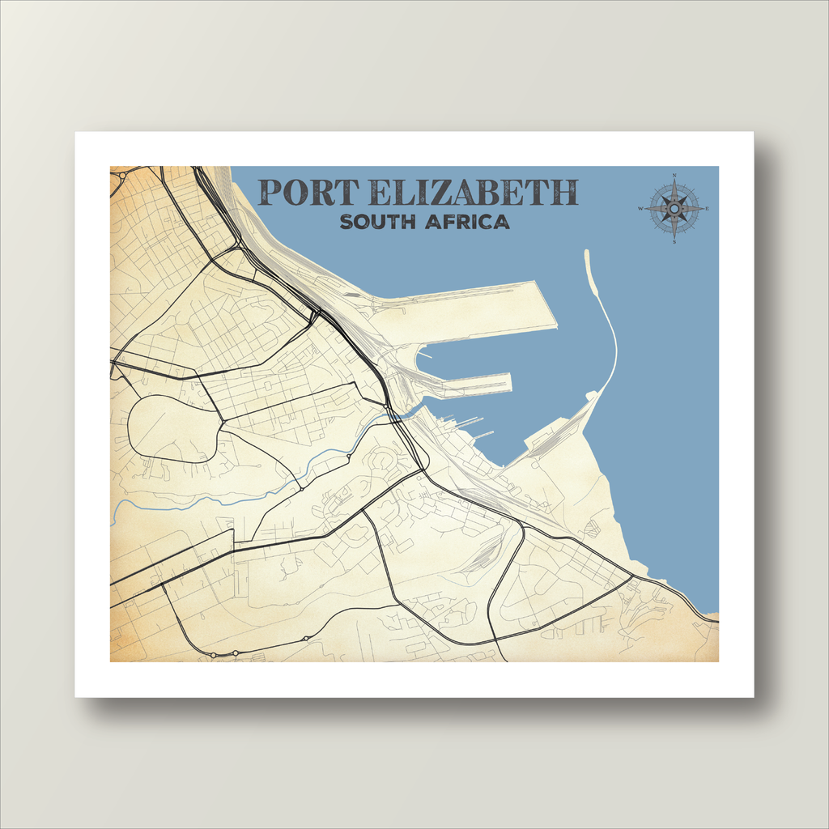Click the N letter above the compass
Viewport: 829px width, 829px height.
point(674,176)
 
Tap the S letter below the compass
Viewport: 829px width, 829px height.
point(674,241)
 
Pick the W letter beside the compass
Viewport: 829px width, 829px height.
point(641,209)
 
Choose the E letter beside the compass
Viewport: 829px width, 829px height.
point(707,209)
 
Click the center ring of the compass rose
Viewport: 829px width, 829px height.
point(674,209)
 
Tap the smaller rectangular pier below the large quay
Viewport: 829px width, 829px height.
point(470,383)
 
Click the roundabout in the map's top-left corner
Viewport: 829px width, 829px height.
point(122,175)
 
